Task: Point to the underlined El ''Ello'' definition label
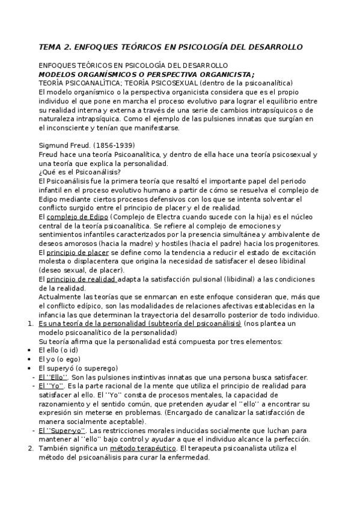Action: point(52,377)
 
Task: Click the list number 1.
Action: point(31,324)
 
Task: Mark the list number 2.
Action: point(31,449)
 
